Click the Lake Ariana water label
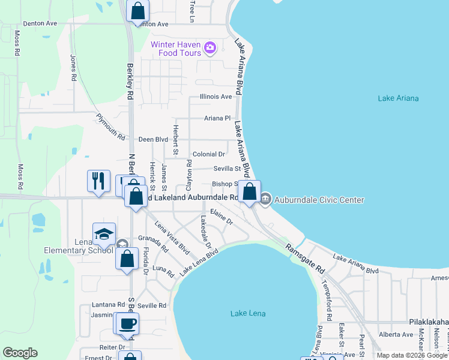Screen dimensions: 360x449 (x=399, y=98)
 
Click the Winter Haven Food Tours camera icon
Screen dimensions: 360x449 (x=209, y=47)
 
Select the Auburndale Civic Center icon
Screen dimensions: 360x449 (x=267, y=199)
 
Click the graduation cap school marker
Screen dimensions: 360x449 (x=104, y=234)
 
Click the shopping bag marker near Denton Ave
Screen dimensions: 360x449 (x=138, y=10)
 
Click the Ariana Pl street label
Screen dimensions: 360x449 (x=217, y=118)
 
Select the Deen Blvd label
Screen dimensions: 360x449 (x=153, y=139)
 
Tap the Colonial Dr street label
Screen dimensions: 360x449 (x=209, y=154)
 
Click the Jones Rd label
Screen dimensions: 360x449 (x=73, y=68)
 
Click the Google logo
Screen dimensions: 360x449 (x=20, y=353)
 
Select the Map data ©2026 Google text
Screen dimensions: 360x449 (x=411, y=355)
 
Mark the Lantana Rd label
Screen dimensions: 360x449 (x=108, y=305)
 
